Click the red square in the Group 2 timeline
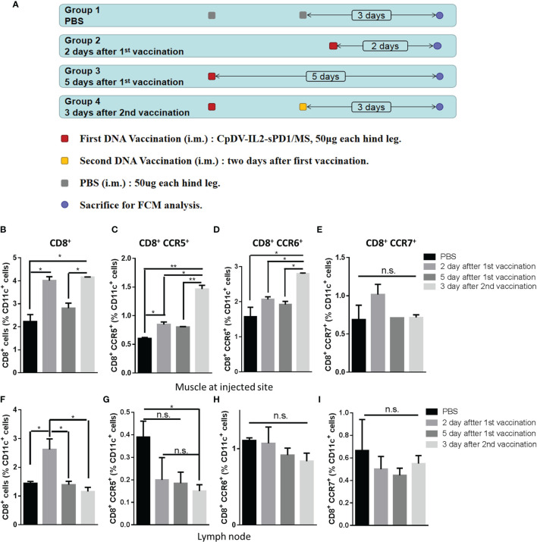[333, 46]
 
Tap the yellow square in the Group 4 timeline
[303, 107]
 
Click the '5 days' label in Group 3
[322, 77]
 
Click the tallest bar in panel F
[48, 471]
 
